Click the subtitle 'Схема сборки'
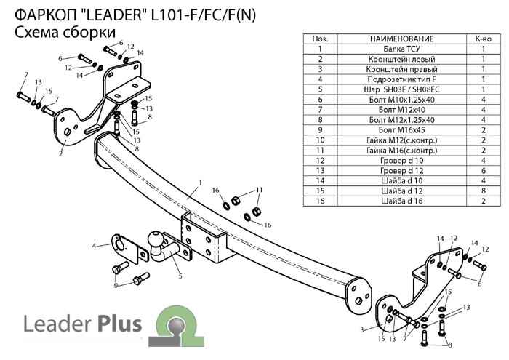(x=64, y=32)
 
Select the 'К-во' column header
(x=483, y=38)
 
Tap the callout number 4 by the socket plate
(x=94, y=246)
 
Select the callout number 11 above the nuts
(x=258, y=190)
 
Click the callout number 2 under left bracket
(x=60, y=154)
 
